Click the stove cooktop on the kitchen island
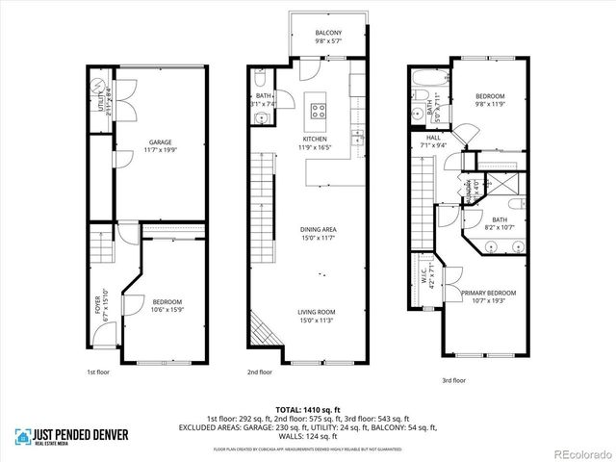click(x=318, y=109)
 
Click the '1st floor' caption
click(x=96, y=370)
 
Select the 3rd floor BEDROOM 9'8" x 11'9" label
click(x=491, y=101)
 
